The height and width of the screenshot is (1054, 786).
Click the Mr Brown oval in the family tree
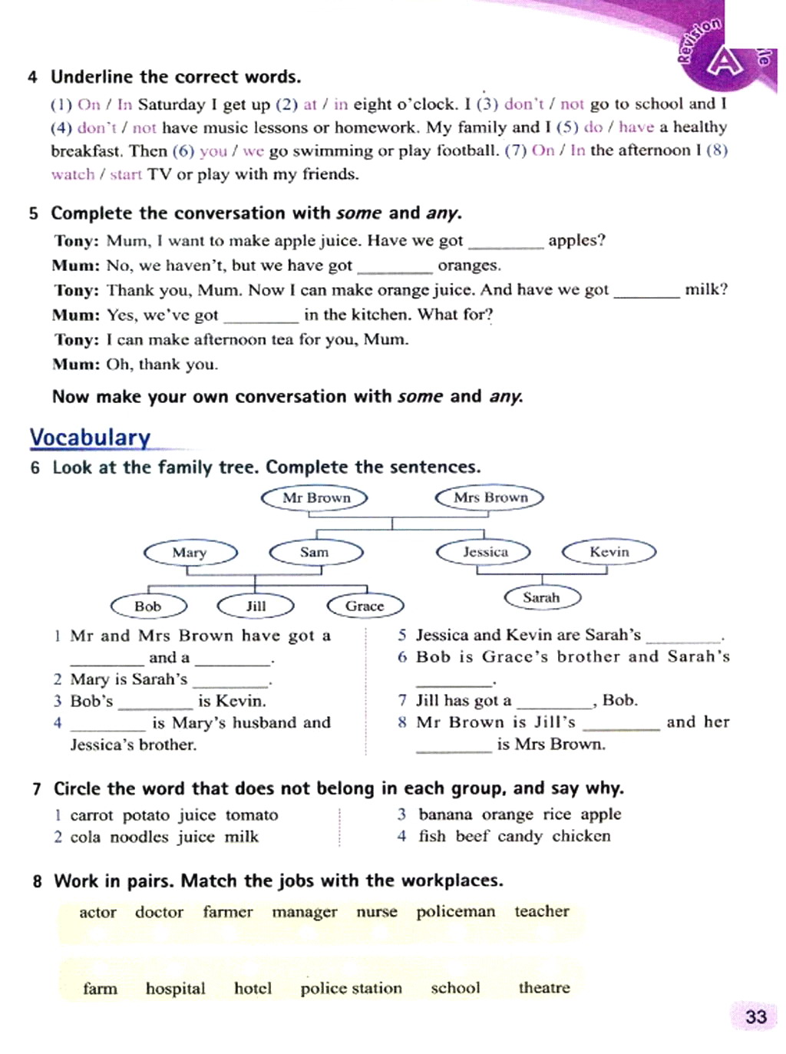(x=315, y=497)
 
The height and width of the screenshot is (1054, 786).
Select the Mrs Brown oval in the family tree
(x=490, y=497)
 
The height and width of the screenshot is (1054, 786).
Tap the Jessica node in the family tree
(x=484, y=552)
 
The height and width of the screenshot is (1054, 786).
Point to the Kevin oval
(x=609, y=552)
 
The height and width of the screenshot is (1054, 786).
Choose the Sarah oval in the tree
(x=541, y=597)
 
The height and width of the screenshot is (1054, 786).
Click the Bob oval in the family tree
(x=148, y=606)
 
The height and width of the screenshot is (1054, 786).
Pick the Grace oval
(x=365, y=606)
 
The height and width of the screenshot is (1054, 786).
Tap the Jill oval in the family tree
(x=256, y=606)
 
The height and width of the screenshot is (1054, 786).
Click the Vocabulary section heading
(x=90, y=438)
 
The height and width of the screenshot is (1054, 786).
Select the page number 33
(x=755, y=1016)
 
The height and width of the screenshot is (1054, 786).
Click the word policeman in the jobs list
(x=455, y=912)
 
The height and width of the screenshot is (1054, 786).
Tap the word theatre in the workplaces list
(x=543, y=988)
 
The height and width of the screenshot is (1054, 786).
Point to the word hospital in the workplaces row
(x=175, y=989)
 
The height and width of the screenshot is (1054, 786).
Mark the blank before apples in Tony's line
(x=505, y=244)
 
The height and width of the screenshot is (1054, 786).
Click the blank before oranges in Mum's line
(x=395, y=269)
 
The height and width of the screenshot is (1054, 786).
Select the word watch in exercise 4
(x=72, y=174)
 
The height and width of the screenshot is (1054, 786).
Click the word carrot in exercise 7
(x=91, y=815)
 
